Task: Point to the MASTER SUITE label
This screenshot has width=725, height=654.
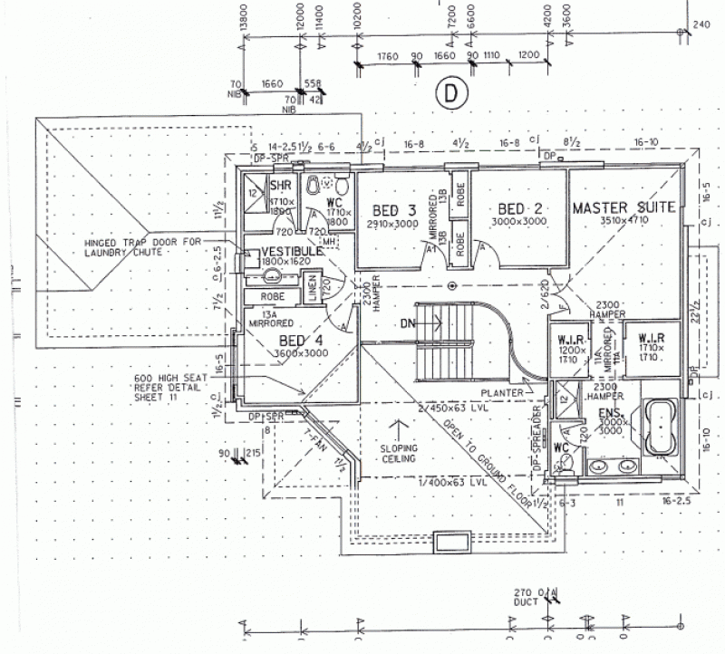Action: [x=623, y=207]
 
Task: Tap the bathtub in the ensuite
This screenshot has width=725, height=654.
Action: [x=660, y=423]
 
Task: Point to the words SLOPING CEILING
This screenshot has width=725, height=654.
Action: [x=398, y=453]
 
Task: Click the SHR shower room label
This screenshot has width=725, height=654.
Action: [x=279, y=186]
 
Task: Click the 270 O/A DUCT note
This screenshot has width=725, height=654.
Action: [x=536, y=596]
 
